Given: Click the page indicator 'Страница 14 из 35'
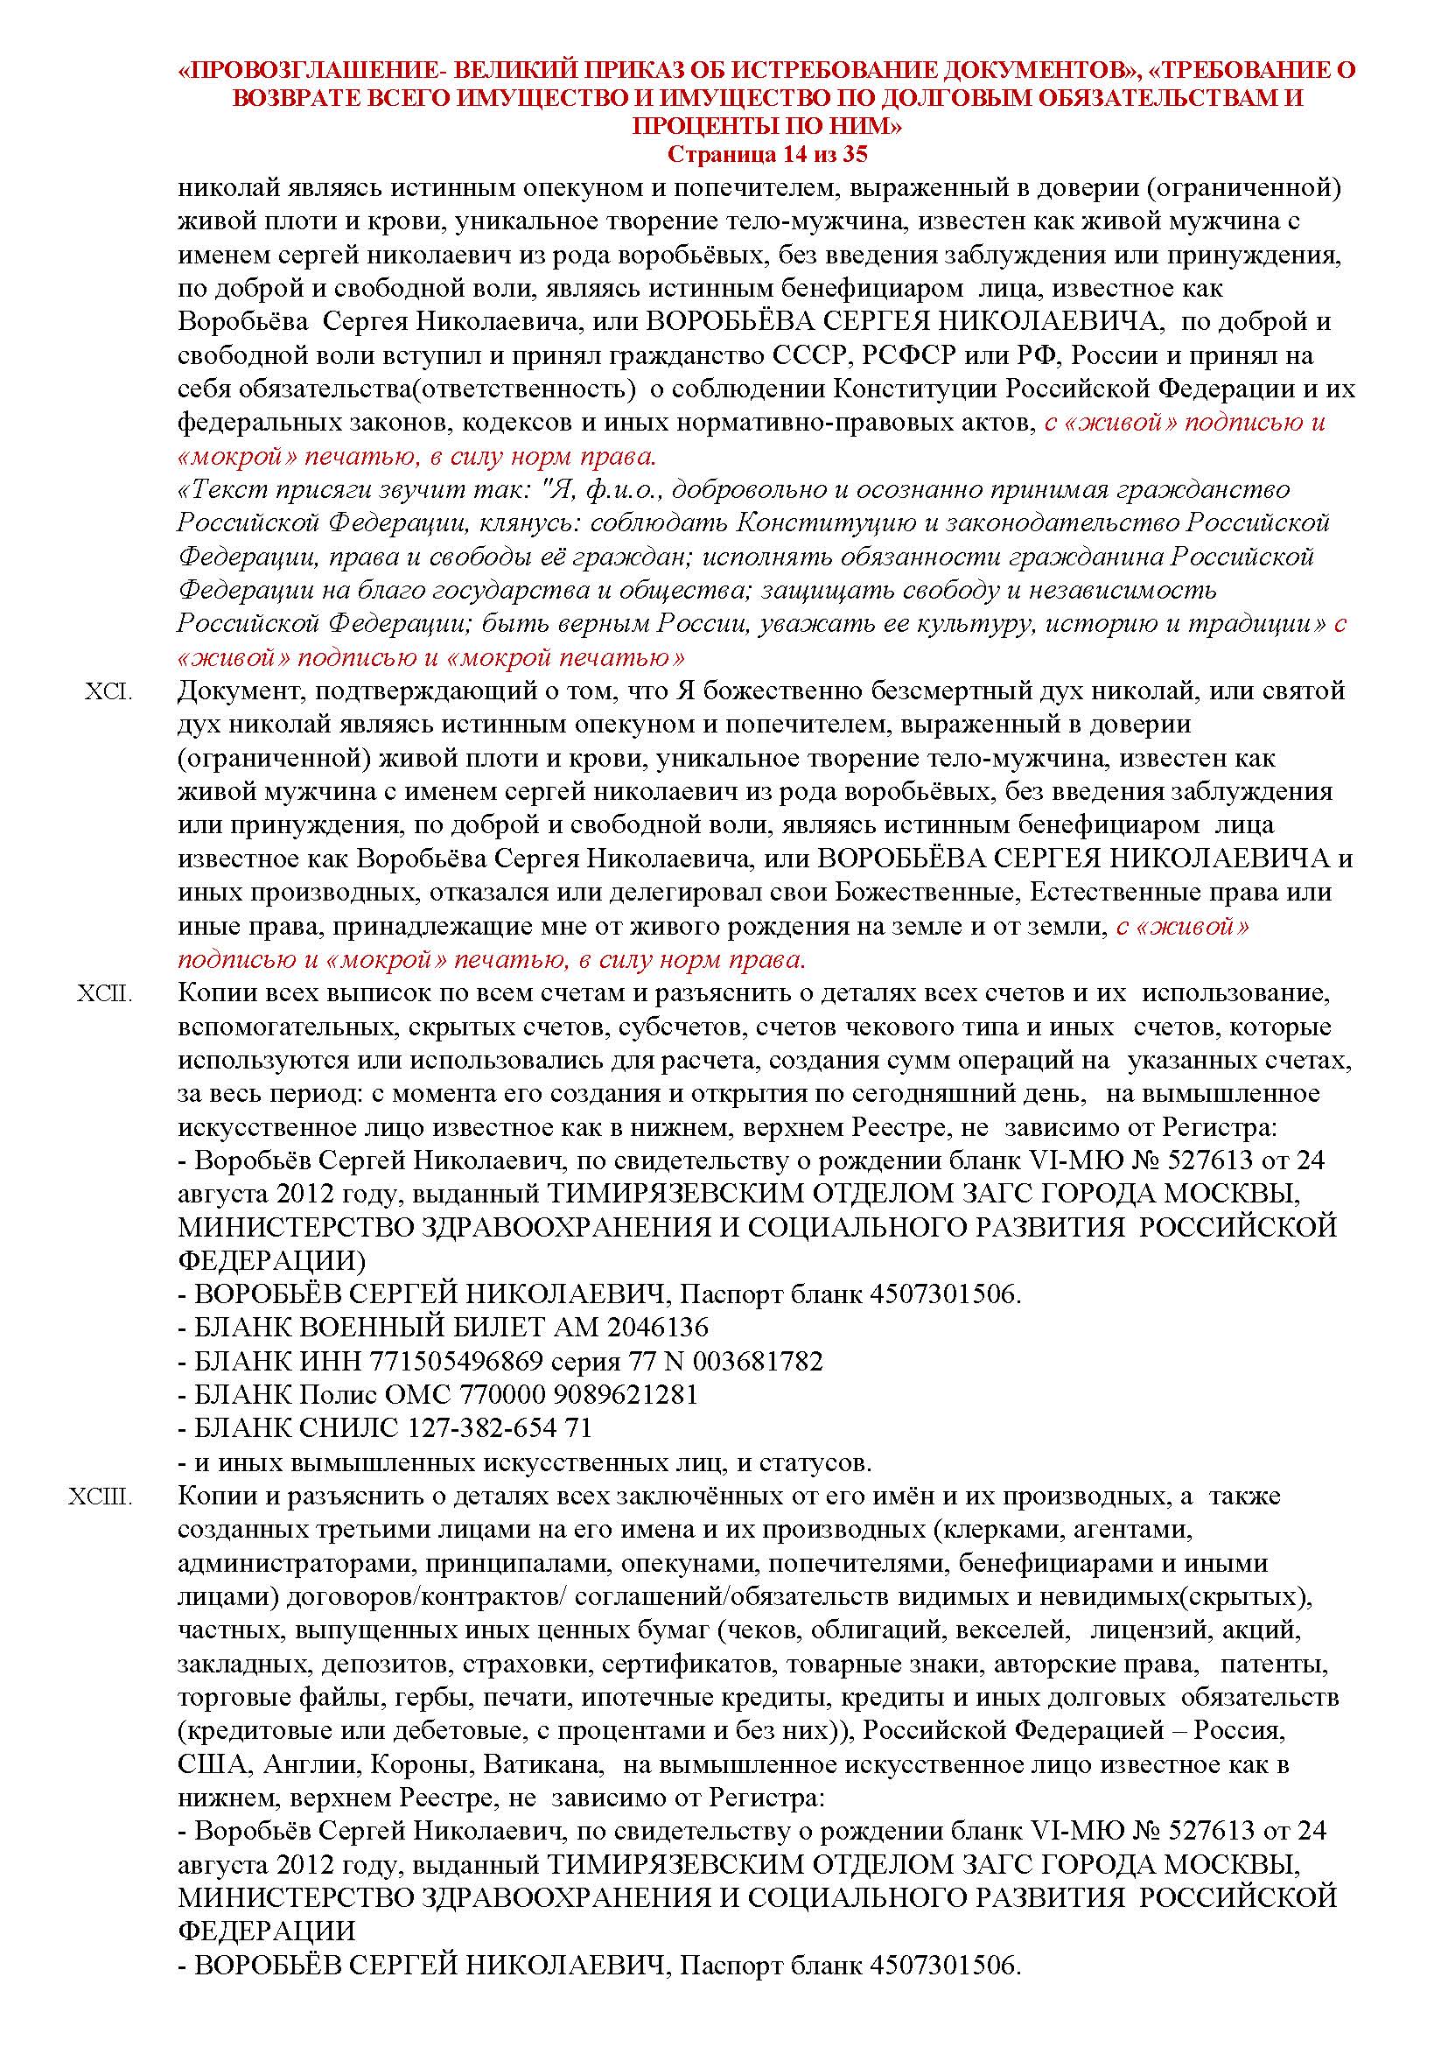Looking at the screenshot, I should click(766, 154).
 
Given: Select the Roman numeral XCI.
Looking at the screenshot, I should click(108, 691).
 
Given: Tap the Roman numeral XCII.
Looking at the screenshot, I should click(104, 992).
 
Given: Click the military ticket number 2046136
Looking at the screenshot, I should click(657, 1328).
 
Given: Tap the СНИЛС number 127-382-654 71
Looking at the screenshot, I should click(500, 1428).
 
